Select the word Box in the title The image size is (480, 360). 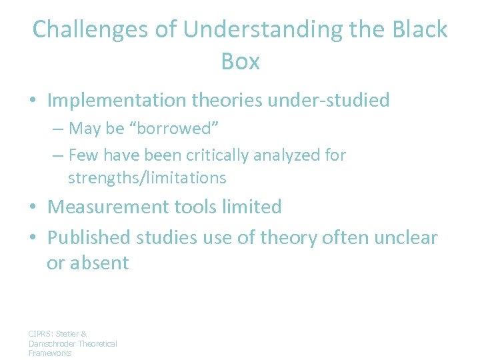tap(240, 61)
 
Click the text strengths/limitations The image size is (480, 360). tap(147, 178)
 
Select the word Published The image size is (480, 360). tap(89, 237)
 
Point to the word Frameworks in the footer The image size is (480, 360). tap(50, 353)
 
